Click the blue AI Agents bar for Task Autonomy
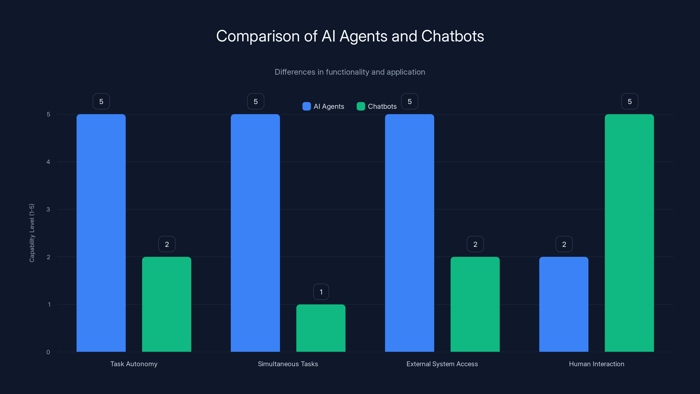[x=101, y=233]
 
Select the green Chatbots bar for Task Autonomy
[x=166, y=304]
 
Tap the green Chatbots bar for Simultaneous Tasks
[x=321, y=328]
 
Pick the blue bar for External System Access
[x=409, y=233]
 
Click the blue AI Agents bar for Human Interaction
[x=563, y=304]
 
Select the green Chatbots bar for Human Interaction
[x=629, y=233]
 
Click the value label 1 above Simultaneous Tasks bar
[x=321, y=292]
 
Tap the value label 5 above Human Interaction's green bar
[x=630, y=101]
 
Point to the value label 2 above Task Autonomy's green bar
[x=167, y=244]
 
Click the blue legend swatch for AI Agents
[x=306, y=106]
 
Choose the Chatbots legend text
[x=382, y=106]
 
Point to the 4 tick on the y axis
[x=48, y=162]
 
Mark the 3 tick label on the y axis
[x=48, y=209]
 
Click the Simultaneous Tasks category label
[x=288, y=364]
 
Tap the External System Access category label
[x=442, y=364]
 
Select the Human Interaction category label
[x=597, y=364]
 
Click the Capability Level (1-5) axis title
[x=32, y=233]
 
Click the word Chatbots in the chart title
[x=452, y=36]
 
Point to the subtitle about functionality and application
[x=350, y=72]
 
